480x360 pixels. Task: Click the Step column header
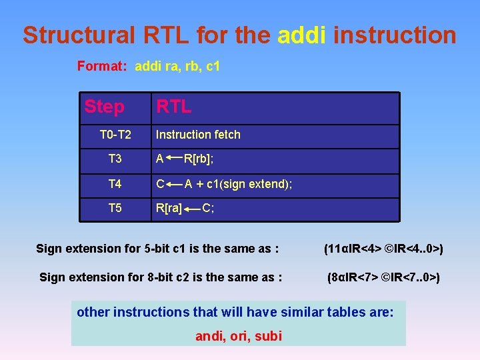(104, 107)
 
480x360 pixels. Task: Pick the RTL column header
(173, 107)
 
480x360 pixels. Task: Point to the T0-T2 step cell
(115, 135)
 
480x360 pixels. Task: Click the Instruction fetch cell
(198, 135)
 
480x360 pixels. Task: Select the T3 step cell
(115, 159)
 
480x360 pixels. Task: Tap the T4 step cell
(115, 183)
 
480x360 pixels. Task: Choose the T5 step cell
(115, 208)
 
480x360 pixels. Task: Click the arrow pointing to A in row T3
(175, 157)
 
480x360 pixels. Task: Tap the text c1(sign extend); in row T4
(249, 183)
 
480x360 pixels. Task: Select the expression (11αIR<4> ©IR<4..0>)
(383, 249)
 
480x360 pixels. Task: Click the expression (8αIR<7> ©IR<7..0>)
(383, 277)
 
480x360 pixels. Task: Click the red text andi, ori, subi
(238, 336)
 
